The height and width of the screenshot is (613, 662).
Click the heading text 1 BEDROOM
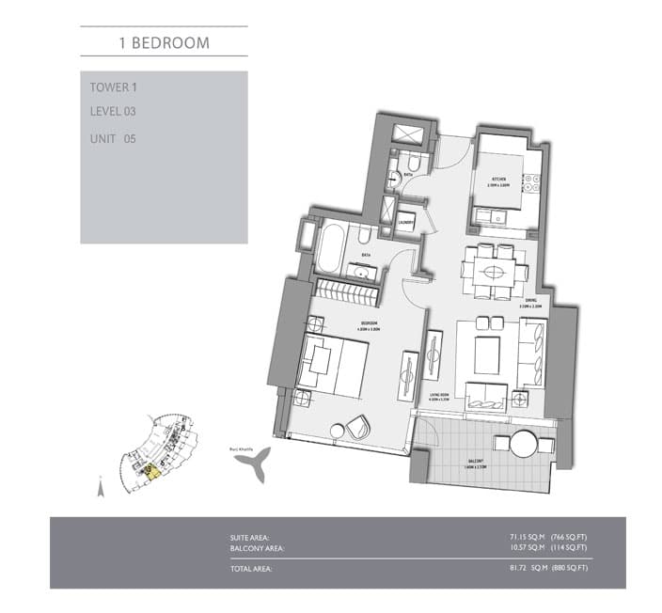(164, 42)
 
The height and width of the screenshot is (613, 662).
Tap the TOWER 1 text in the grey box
(112, 86)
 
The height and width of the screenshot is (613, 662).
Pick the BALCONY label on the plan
(481, 462)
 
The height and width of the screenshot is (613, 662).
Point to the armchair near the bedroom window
(356, 425)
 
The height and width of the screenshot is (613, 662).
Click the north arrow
(100, 487)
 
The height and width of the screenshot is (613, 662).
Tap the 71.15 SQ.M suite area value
(516, 537)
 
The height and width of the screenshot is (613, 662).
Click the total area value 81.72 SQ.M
(515, 568)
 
